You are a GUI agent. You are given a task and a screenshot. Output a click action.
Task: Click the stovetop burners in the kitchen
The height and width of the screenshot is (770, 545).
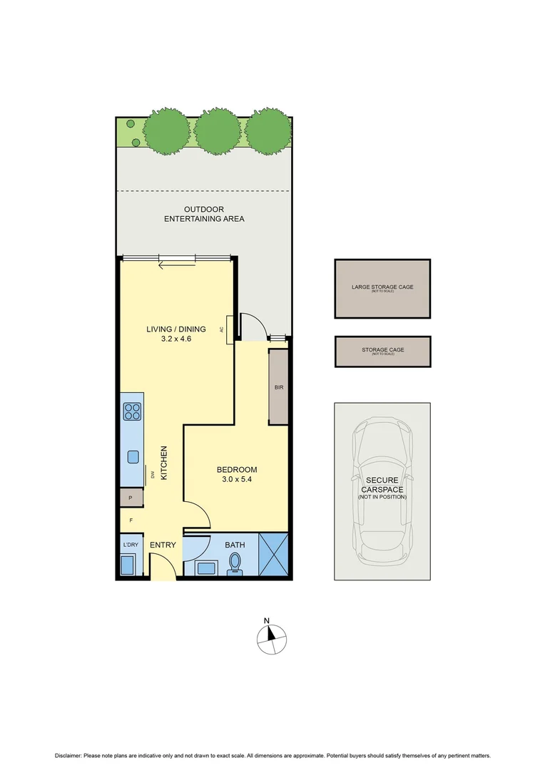[x=133, y=411]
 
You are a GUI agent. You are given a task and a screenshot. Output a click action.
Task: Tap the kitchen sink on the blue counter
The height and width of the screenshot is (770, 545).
[x=133, y=456]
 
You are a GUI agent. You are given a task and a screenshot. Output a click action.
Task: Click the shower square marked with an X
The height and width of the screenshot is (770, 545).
[x=273, y=555]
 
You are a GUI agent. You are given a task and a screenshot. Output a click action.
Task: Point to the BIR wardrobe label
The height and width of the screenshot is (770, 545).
[x=279, y=388]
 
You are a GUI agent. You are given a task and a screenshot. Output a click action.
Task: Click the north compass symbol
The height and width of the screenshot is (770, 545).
[x=270, y=637]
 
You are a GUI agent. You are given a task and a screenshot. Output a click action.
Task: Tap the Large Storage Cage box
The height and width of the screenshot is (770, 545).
[x=382, y=289]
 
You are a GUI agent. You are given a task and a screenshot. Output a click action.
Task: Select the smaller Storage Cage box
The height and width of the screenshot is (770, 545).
[x=382, y=351]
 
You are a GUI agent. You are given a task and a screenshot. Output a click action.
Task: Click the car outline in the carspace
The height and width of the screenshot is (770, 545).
[x=382, y=491]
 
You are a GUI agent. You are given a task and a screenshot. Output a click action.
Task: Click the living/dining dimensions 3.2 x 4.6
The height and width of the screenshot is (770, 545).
[x=175, y=339]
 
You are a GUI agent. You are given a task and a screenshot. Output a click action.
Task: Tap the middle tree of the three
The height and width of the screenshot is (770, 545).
[x=217, y=131]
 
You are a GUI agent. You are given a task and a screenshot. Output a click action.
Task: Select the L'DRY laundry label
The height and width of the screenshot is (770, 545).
[x=130, y=545]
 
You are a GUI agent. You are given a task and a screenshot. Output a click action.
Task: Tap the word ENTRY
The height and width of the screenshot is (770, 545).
[x=163, y=545]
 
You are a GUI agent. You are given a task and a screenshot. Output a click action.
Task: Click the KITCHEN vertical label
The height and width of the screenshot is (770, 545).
[x=163, y=463]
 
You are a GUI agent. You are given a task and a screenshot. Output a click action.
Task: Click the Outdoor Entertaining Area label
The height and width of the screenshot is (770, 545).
[x=204, y=214]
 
